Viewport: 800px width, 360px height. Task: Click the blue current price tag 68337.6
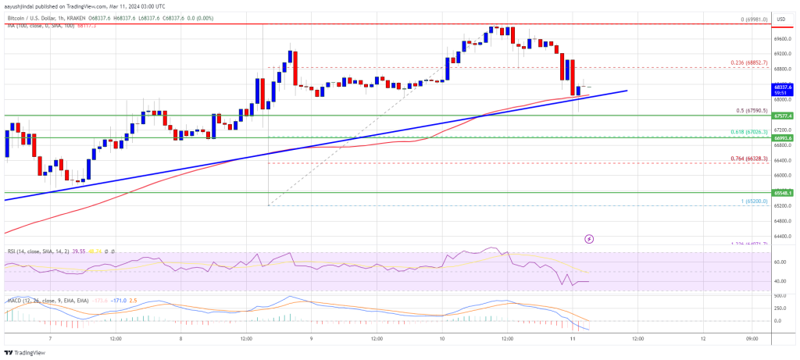pos(784,87)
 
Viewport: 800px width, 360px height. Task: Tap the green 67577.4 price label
pos(784,116)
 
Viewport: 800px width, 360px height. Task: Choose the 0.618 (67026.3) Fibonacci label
pos(748,132)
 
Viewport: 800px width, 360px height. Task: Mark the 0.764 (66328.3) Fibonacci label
pos(748,159)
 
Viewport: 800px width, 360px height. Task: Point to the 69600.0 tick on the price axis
pos(784,38)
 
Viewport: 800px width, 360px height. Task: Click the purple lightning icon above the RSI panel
pos(589,239)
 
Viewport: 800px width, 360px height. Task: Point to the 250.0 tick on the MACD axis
pos(781,308)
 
